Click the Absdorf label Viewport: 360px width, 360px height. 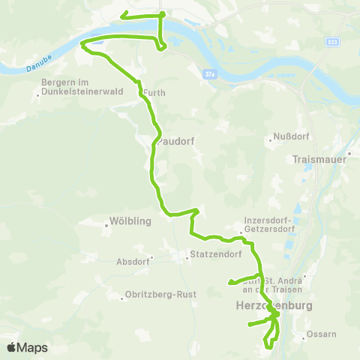click(x=132, y=262)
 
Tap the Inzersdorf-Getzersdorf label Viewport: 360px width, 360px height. click(x=266, y=225)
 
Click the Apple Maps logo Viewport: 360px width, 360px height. click(x=27, y=347)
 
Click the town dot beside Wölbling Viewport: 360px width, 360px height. click(x=106, y=221)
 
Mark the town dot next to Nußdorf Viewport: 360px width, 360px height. click(x=271, y=139)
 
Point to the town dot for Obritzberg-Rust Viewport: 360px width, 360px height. click(x=121, y=298)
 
